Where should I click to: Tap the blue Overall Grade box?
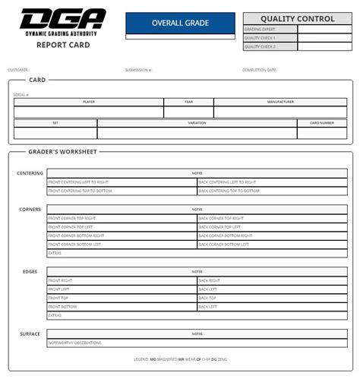tap(180, 24)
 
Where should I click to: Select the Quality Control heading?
tap(297, 18)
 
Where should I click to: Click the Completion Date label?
tap(260, 70)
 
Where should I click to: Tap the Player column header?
tap(88, 101)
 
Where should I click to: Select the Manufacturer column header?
tap(280, 101)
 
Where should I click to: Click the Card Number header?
tap(321, 122)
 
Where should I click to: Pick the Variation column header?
tap(197, 122)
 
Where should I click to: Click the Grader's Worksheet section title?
tap(62, 152)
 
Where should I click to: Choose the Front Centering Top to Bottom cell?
tap(83, 191)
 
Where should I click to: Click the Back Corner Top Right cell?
tap(221, 218)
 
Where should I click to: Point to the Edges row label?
tap(30, 271)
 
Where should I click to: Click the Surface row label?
tap(30, 333)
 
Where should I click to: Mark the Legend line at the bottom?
tap(180, 358)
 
